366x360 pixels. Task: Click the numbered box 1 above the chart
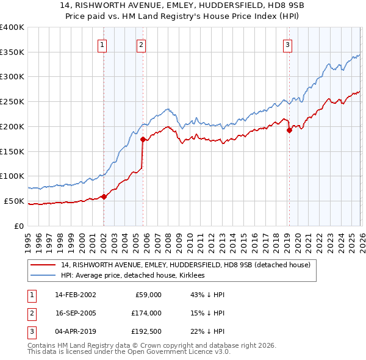(x=102, y=44)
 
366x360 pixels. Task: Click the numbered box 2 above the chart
(x=141, y=44)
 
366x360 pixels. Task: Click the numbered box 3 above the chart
(x=287, y=44)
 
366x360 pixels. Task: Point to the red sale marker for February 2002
(x=104, y=196)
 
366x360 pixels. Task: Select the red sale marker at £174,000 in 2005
(x=143, y=139)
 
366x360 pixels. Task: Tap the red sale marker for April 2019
(x=289, y=130)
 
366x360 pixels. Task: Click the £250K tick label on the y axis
(x=12, y=102)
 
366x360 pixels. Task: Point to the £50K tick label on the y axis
(x=14, y=201)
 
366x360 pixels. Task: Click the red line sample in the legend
(x=43, y=265)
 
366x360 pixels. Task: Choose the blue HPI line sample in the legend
(x=43, y=276)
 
